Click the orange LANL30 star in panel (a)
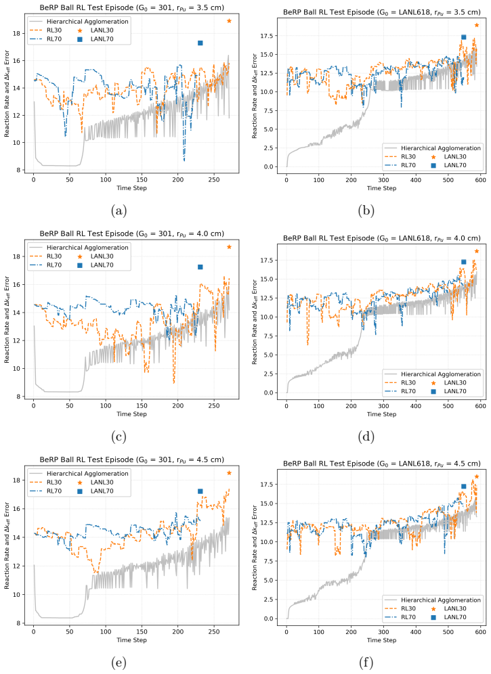tap(229, 20)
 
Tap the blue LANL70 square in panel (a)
tap(200, 43)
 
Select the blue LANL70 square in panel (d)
tap(463, 262)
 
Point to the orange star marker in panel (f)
tap(477, 476)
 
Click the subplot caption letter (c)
tap(119, 436)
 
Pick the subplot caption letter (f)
tap(366, 662)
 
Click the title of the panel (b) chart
tap(382, 12)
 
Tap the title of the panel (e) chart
tap(131, 459)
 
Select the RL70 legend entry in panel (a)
tap(45, 39)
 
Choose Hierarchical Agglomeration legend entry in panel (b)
tap(433, 148)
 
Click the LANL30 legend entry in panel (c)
tap(95, 256)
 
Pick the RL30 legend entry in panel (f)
tap(400, 608)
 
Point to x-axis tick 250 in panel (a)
tap(214, 180)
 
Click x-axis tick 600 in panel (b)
tap(481, 180)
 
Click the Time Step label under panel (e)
tap(131, 640)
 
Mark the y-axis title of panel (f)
tap(255, 548)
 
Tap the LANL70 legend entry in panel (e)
tap(95, 491)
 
